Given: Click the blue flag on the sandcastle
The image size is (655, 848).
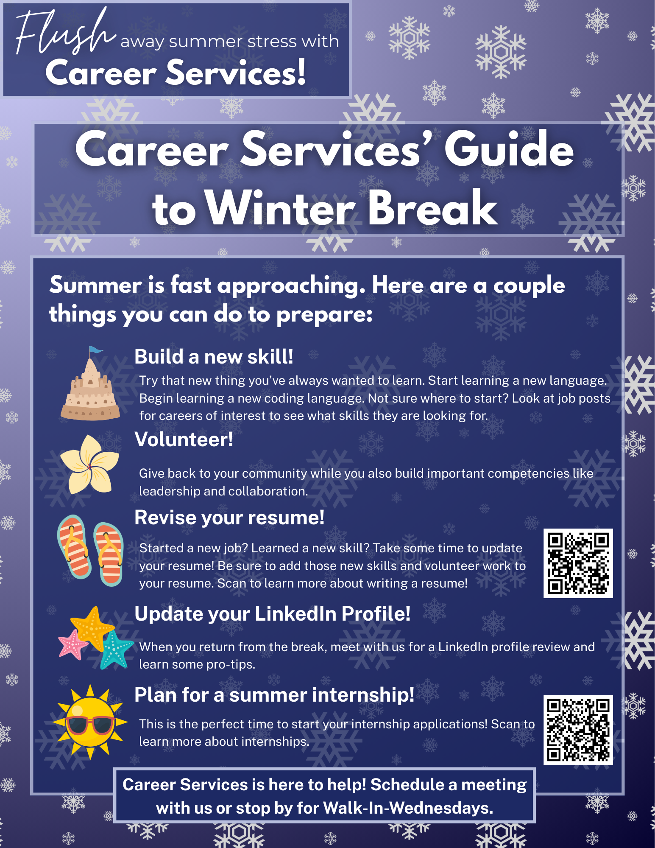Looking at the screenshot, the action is (95, 350).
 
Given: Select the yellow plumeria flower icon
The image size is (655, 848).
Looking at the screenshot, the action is (89, 465).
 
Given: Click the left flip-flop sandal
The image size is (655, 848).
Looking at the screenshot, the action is (74, 547).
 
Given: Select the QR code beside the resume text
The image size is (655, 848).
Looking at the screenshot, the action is (578, 563).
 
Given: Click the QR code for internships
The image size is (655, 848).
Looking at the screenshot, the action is (578, 730).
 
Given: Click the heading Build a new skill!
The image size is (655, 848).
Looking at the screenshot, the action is (214, 357).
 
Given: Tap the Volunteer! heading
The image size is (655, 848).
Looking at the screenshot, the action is (184, 439).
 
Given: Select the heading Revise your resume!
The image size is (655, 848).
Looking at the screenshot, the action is (229, 518).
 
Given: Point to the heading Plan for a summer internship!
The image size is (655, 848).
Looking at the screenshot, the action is (274, 695).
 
